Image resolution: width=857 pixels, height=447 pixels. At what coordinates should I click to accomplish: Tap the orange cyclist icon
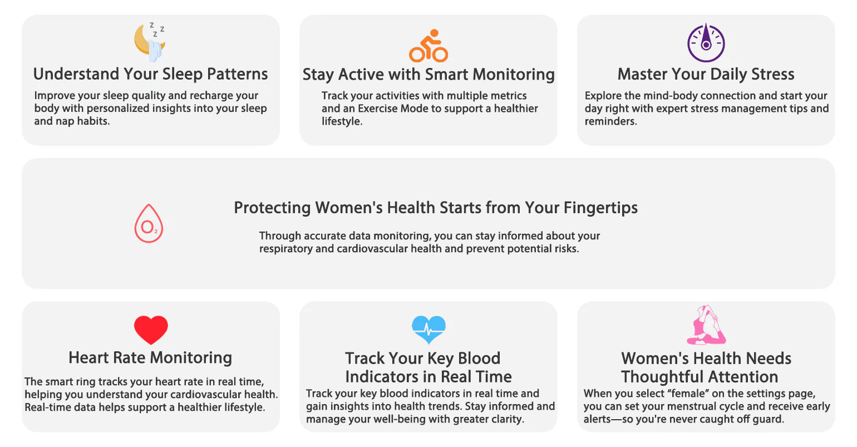(x=428, y=46)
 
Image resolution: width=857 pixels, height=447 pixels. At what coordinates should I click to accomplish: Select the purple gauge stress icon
(x=706, y=42)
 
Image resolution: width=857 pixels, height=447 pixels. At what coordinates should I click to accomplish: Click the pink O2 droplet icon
(x=149, y=224)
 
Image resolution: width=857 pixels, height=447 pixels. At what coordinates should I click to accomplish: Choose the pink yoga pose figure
(x=706, y=325)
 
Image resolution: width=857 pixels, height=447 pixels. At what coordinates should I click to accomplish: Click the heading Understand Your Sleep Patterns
(x=150, y=74)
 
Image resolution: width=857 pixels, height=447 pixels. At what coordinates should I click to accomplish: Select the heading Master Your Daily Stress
(x=706, y=74)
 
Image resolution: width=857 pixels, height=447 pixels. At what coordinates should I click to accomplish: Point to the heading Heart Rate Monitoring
(x=150, y=358)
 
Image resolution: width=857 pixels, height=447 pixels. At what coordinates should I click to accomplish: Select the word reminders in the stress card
(x=610, y=121)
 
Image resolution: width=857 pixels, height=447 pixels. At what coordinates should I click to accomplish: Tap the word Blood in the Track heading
(x=479, y=358)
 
